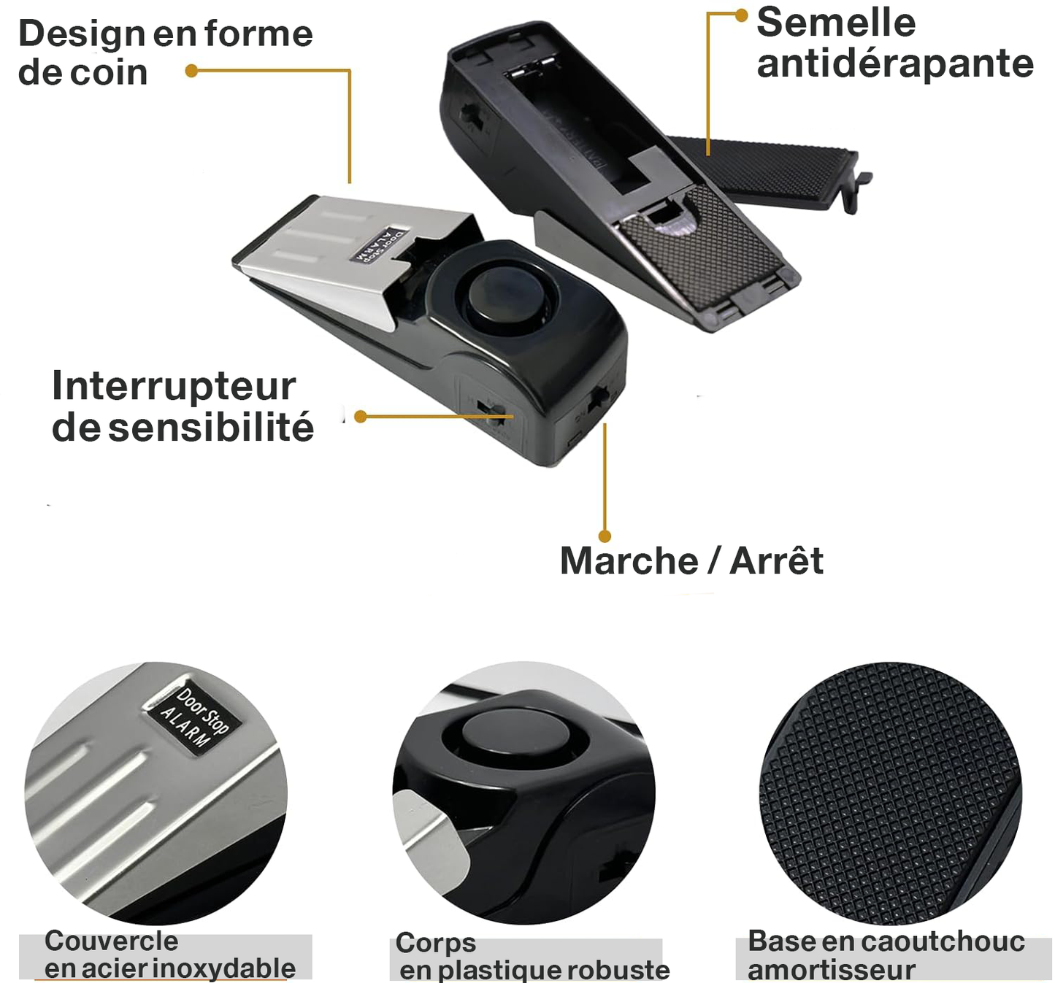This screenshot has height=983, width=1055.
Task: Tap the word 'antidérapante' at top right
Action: pyautogui.click(x=894, y=64)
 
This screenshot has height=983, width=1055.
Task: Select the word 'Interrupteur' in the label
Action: pyautogui.click(x=174, y=387)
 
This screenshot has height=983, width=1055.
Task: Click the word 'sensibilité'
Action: pyautogui.click(x=212, y=428)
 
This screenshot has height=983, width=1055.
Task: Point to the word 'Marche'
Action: pyautogui.click(x=629, y=561)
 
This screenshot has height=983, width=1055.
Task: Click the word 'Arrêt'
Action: pyautogui.click(x=776, y=561)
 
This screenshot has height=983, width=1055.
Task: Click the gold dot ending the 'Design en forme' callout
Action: pyautogui.click(x=191, y=71)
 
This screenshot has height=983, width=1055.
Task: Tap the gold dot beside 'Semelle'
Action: pyautogui.click(x=741, y=15)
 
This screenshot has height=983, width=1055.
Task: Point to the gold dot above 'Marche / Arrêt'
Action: pyautogui.click(x=605, y=536)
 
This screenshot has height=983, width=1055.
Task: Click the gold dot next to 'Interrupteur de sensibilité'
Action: pyautogui.click(x=360, y=417)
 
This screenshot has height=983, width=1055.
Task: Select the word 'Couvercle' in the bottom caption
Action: pyautogui.click(x=111, y=941)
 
